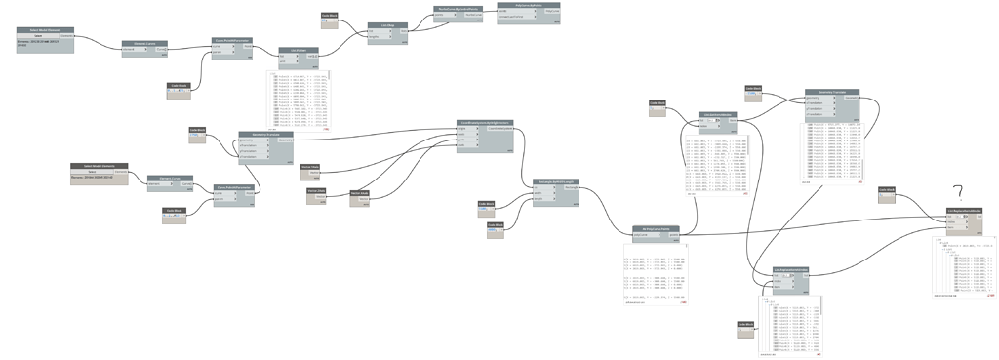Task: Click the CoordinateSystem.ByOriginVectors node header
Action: [485, 123]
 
